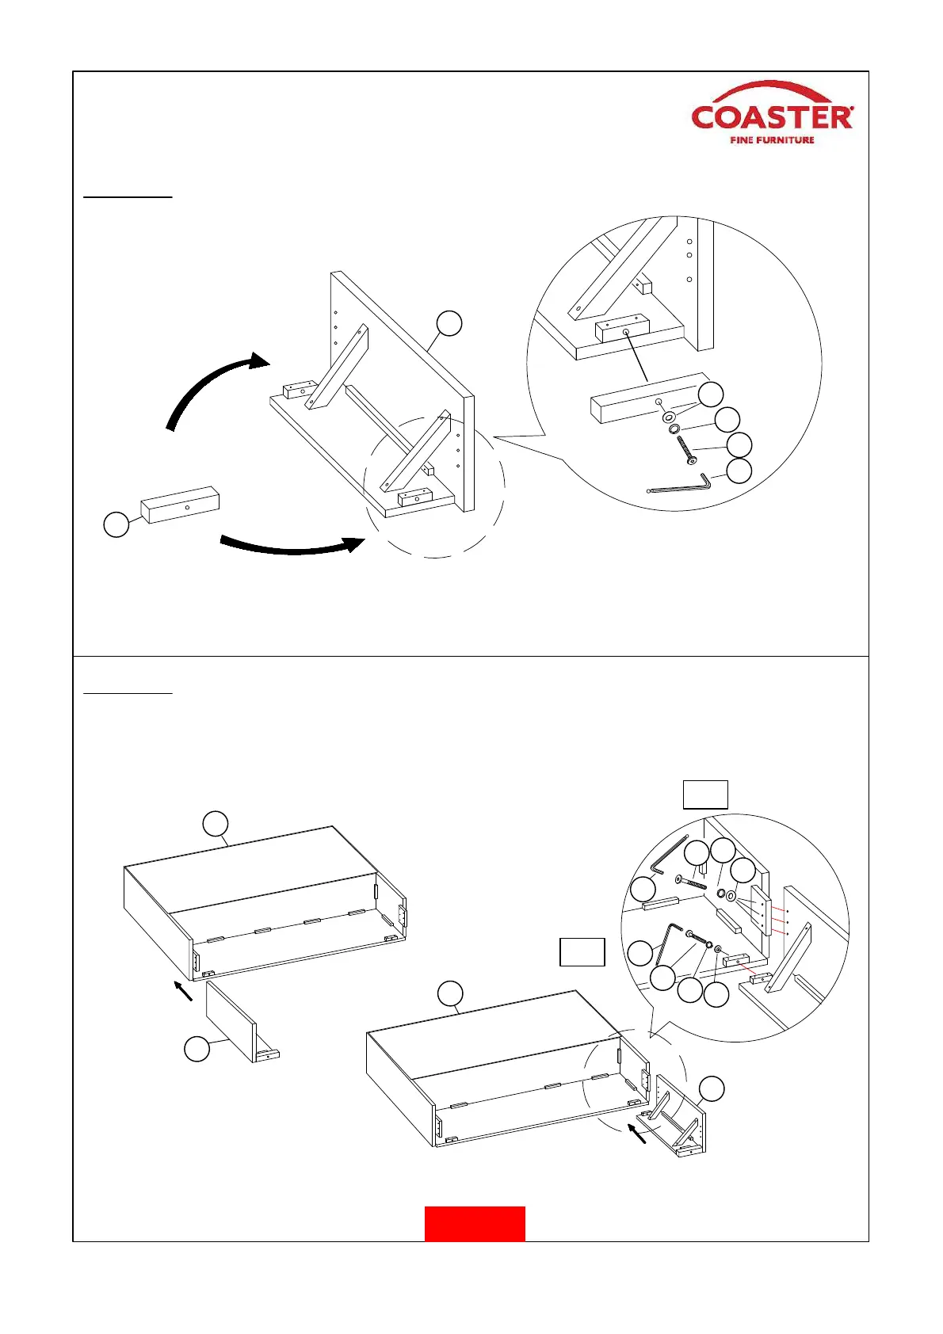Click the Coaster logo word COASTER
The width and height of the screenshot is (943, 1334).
772,117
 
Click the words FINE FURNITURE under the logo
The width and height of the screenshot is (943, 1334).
772,140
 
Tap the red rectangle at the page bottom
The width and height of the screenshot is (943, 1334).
475,1223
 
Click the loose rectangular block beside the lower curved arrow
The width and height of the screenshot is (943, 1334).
180,505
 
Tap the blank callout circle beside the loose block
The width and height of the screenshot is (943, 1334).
116,524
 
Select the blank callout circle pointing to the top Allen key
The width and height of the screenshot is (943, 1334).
739,471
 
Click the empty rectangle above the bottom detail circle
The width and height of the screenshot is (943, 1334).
705,795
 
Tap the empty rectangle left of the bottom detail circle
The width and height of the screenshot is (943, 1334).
582,952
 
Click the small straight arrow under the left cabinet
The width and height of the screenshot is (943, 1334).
183,989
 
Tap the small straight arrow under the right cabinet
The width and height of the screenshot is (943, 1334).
636,1134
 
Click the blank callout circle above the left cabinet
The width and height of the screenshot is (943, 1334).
216,823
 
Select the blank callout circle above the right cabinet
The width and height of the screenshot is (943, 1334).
450,993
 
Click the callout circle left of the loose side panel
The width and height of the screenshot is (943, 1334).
197,1049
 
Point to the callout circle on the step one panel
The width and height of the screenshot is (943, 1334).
449,323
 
